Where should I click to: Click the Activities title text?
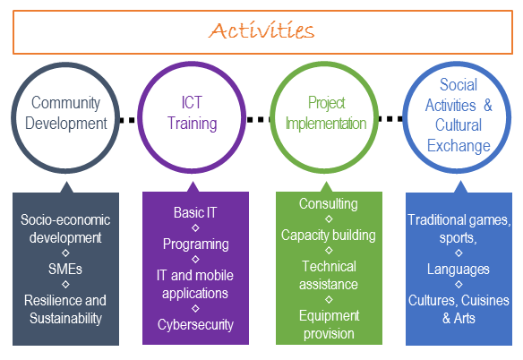[261, 31]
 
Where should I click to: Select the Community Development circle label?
[66, 113]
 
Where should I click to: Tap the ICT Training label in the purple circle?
[193, 113]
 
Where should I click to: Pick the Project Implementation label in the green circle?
[326, 113]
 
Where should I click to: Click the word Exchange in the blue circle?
[459, 146]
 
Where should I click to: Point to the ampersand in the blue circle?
[488, 105]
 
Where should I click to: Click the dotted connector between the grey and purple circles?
[127, 120]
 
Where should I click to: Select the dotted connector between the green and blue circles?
[390, 119]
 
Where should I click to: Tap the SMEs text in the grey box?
[65, 269]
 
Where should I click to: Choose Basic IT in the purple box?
[195, 212]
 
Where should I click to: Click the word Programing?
[196, 244]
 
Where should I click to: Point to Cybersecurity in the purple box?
[195, 325]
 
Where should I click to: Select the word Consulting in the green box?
[328, 204]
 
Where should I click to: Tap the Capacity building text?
[328, 236]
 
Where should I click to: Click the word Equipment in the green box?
[330, 316]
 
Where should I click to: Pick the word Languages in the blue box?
[459, 270]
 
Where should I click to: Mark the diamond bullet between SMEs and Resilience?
[65, 285]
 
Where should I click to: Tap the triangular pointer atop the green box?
[327, 187]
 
